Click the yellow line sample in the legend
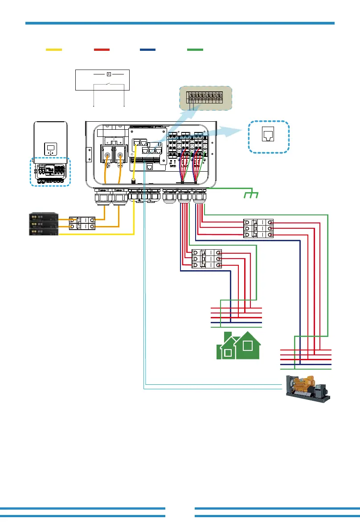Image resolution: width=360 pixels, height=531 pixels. [54, 50]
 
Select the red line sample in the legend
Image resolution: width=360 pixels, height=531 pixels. [102, 50]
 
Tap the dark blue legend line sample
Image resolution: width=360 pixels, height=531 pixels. [147, 50]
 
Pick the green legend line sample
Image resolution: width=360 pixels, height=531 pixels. [195, 50]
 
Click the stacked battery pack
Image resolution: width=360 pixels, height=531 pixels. [44, 224]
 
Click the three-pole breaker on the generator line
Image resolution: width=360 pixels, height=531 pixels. [258, 228]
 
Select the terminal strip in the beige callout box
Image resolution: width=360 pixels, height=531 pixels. [205, 98]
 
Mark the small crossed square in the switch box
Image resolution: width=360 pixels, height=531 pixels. [108, 74]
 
